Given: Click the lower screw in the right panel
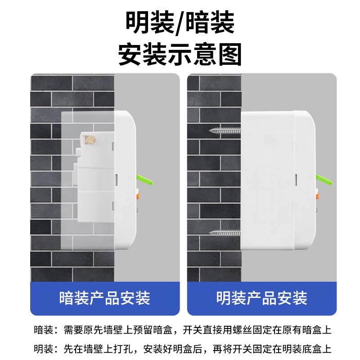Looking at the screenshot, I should [x=225, y=233].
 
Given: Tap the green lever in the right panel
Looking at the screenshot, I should [x=327, y=181].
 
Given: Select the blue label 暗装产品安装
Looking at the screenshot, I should [x=105, y=297].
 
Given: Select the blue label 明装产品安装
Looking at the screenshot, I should [x=262, y=297].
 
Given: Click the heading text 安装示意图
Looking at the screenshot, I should [x=180, y=55].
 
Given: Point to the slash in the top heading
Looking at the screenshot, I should [x=180, y=23].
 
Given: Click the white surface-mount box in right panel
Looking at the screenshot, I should [x=270, y=180].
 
